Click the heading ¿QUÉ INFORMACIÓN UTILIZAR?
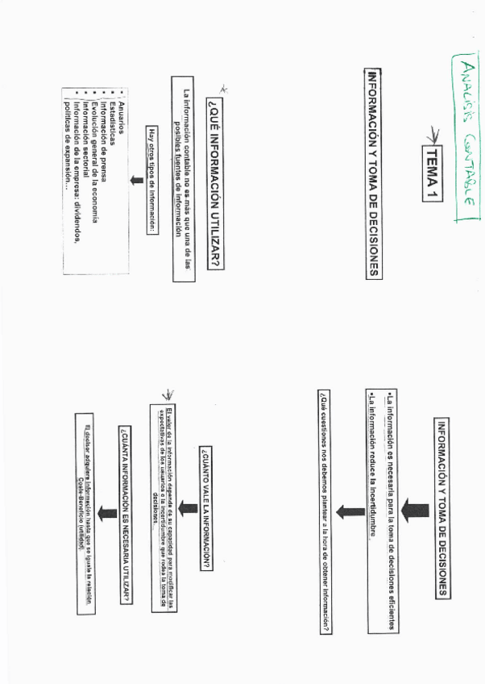(x=213, y=183)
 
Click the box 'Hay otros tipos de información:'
(x=151, y=179)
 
